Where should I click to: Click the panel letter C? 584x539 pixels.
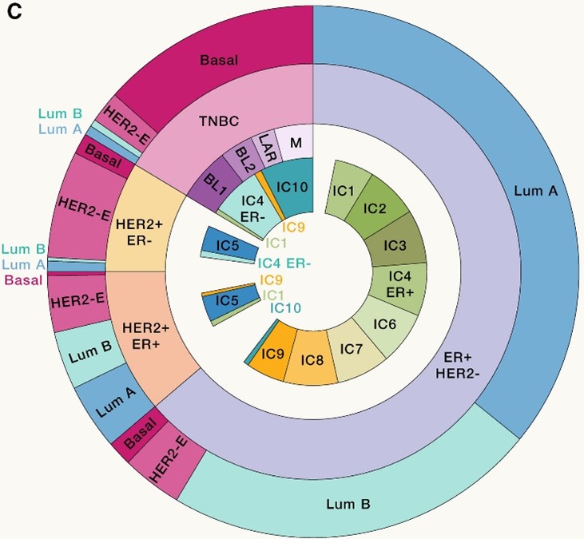point(14,14)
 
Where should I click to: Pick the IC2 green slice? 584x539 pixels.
point(376,207)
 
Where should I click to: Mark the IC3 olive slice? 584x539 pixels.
point(396,243)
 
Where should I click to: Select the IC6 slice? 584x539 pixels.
point(386,323)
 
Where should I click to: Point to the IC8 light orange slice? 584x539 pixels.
point(312,359)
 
